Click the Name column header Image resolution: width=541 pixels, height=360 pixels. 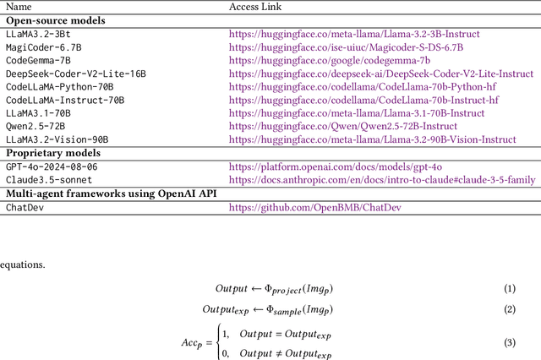19,7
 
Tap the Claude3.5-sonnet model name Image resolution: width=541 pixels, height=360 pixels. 47,180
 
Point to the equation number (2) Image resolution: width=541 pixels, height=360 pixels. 509,308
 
